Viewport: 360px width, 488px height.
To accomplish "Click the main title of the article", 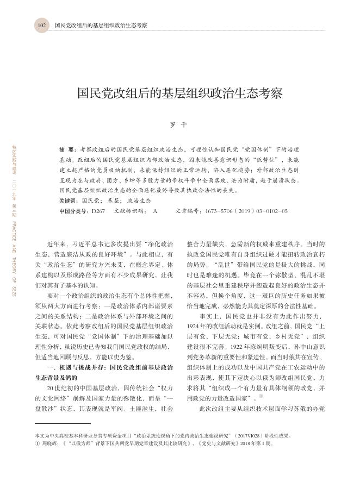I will point(179,92).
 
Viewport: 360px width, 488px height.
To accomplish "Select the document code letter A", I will point(156,210).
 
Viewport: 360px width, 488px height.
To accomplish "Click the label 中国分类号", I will point(75,210).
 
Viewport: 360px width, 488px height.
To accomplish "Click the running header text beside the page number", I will point(101,26).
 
